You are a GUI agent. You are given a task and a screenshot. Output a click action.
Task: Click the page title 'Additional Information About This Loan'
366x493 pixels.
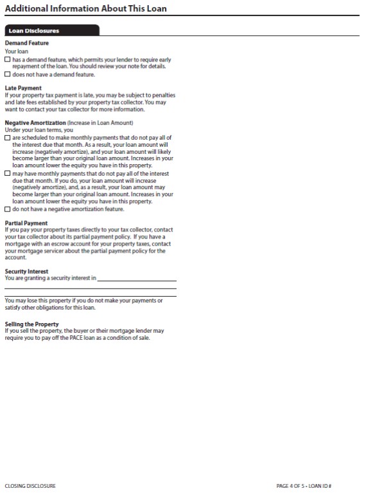pyautogui.click(x=85, y=8)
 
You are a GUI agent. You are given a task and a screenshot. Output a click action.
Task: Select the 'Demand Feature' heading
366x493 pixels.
pyautogui.click(x=26, y=43)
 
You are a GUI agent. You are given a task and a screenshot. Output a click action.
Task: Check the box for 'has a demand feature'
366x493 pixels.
pyautogui.click(x=7, y=60)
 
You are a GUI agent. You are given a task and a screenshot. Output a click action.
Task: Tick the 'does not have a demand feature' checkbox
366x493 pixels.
pyautogui.click(x=7, y=74)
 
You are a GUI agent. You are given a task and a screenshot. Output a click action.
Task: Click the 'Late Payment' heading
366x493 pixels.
pyautogui.click(x=23, y=88)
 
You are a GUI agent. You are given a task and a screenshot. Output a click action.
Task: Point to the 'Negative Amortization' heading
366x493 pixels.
pyautogui.click(x=35, y=122)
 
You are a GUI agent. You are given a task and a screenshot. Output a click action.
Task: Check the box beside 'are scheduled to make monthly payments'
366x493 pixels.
pyautogui.click(x=7, y=137)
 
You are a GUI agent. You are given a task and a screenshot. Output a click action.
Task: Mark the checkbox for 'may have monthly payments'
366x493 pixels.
pyautogui.click(x=7, y=173)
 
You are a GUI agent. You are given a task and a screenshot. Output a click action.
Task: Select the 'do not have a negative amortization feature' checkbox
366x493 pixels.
pyautogui.click(x=7, y=209)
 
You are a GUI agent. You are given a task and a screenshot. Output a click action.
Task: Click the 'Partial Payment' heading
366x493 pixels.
pyautogui.click(x=26, y=223)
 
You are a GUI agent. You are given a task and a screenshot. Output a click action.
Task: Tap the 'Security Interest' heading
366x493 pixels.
pyautogui.click(x=26, y=271)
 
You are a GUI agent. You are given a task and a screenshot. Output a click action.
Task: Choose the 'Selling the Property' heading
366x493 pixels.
pyautogui.click(x=31, y=324)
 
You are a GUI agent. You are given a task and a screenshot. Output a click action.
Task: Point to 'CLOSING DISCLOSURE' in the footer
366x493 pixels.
pyautogui.click(x=30, y=486)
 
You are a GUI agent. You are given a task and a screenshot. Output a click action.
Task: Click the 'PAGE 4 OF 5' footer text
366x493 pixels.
pyautogui.click(x=291, y=486)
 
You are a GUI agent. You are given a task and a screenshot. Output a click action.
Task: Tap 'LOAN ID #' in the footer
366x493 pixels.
pyautogui.click(x=320, y=486)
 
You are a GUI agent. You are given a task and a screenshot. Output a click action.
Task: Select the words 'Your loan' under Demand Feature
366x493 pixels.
pyautogui.click(x=16, y=51)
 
